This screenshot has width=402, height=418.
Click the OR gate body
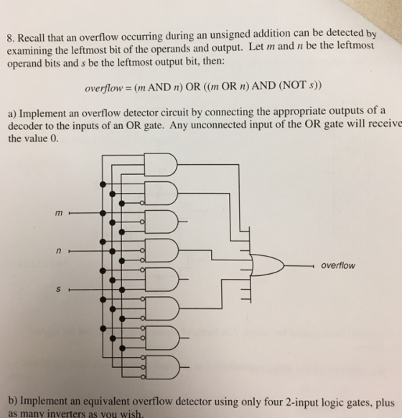[x=267, y=265]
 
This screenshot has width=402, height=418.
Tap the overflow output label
[x=338, y=265]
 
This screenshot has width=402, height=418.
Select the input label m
[x=59, y=213]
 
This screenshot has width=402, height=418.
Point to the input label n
[x=58, y=251]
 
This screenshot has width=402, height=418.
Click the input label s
[x=58, y=289]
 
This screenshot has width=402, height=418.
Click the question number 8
[x=10, y=39]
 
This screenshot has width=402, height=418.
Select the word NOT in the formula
[x=294, y=85]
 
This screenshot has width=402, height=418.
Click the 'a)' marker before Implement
[x=12, y=114]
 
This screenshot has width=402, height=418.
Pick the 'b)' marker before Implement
[x=14, y=402]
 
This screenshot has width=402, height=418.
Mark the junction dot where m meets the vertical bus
[x=103, y=213]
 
